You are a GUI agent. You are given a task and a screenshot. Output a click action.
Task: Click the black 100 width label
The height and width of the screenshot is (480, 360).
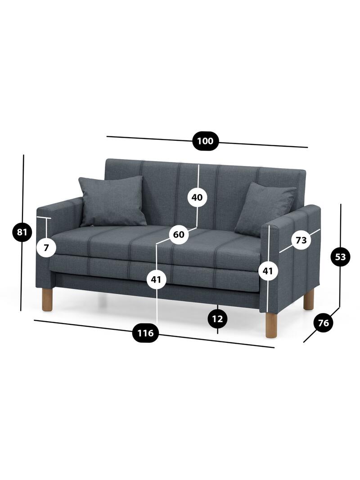click(x=205, y=141)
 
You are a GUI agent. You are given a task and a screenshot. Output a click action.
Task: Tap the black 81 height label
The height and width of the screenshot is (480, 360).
click(x=22, y=232)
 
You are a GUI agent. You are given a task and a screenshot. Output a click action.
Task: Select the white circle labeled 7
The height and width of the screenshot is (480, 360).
click(x=46, y=247)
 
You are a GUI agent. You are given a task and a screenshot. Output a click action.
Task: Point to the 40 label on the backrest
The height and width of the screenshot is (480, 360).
click(x=197, y=197)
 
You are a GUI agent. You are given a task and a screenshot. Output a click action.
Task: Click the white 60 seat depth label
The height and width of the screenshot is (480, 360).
click(x=179, y=234)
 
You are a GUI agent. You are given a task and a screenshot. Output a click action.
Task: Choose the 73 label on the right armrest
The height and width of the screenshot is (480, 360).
click(x=301, y=240)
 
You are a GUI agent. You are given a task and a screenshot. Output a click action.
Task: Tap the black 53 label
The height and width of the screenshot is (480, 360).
click(x=340, y=257)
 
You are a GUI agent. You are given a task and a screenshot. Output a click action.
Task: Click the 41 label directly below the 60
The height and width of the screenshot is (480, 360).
click(x=157, y=279)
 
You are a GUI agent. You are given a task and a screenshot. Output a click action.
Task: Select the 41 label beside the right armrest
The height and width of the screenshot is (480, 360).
click(x=268, y=271)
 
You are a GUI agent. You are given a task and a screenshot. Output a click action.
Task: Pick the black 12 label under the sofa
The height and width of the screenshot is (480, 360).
click(x=217, y=319)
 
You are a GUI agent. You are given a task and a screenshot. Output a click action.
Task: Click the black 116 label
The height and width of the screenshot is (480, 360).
click(x=145, y=333)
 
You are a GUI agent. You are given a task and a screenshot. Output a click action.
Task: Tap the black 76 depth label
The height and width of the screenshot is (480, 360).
click(x=324, y=323)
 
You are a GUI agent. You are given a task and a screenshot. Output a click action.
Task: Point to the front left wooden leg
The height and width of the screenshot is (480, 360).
click(x=47, y=299)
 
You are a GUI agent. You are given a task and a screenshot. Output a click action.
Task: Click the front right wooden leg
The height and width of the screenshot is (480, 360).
click(x=271, y=324)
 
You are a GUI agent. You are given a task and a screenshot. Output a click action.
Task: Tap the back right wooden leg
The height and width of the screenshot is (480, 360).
click(x=309, y=299)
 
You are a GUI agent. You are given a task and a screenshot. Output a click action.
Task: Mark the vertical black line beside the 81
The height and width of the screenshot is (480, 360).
click(x=22, y=233)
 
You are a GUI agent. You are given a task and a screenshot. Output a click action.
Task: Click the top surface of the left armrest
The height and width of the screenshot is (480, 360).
click(x=60, y=203)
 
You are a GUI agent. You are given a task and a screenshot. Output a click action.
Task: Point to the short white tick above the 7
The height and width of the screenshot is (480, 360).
click(x=44, y=218)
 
